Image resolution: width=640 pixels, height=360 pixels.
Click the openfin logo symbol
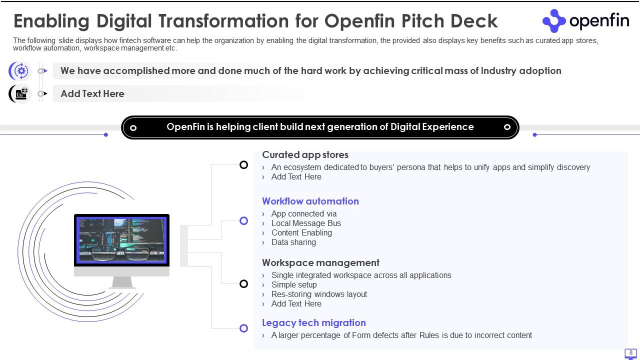[553, 20]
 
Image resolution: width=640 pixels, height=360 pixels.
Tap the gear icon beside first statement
[21, 71]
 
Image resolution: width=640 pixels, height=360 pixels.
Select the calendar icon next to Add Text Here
[21, 93]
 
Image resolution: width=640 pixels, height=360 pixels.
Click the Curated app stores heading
[305, 155]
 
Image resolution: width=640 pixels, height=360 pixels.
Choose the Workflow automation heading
[310, 201]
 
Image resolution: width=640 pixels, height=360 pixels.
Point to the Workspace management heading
[320, 262]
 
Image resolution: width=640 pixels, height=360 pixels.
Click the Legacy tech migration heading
[313, 322]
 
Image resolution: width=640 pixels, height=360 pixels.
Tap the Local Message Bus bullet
[306, 223]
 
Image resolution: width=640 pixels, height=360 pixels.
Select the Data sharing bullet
[293, 242]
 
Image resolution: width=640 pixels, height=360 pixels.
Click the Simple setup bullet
[294, 284]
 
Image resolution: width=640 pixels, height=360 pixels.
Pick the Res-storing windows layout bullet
[319, 294]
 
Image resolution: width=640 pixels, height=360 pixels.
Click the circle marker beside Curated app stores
[243, 164]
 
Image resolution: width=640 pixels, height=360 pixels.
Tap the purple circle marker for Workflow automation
[243, 220]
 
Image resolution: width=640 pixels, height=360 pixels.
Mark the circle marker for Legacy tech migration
[243, 328]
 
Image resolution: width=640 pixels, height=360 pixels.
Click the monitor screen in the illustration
[121, 240]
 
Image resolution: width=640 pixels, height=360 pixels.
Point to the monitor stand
[122, 282]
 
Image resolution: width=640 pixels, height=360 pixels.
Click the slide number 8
[630, 353]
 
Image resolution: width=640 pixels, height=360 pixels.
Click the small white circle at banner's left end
[133, 128]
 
